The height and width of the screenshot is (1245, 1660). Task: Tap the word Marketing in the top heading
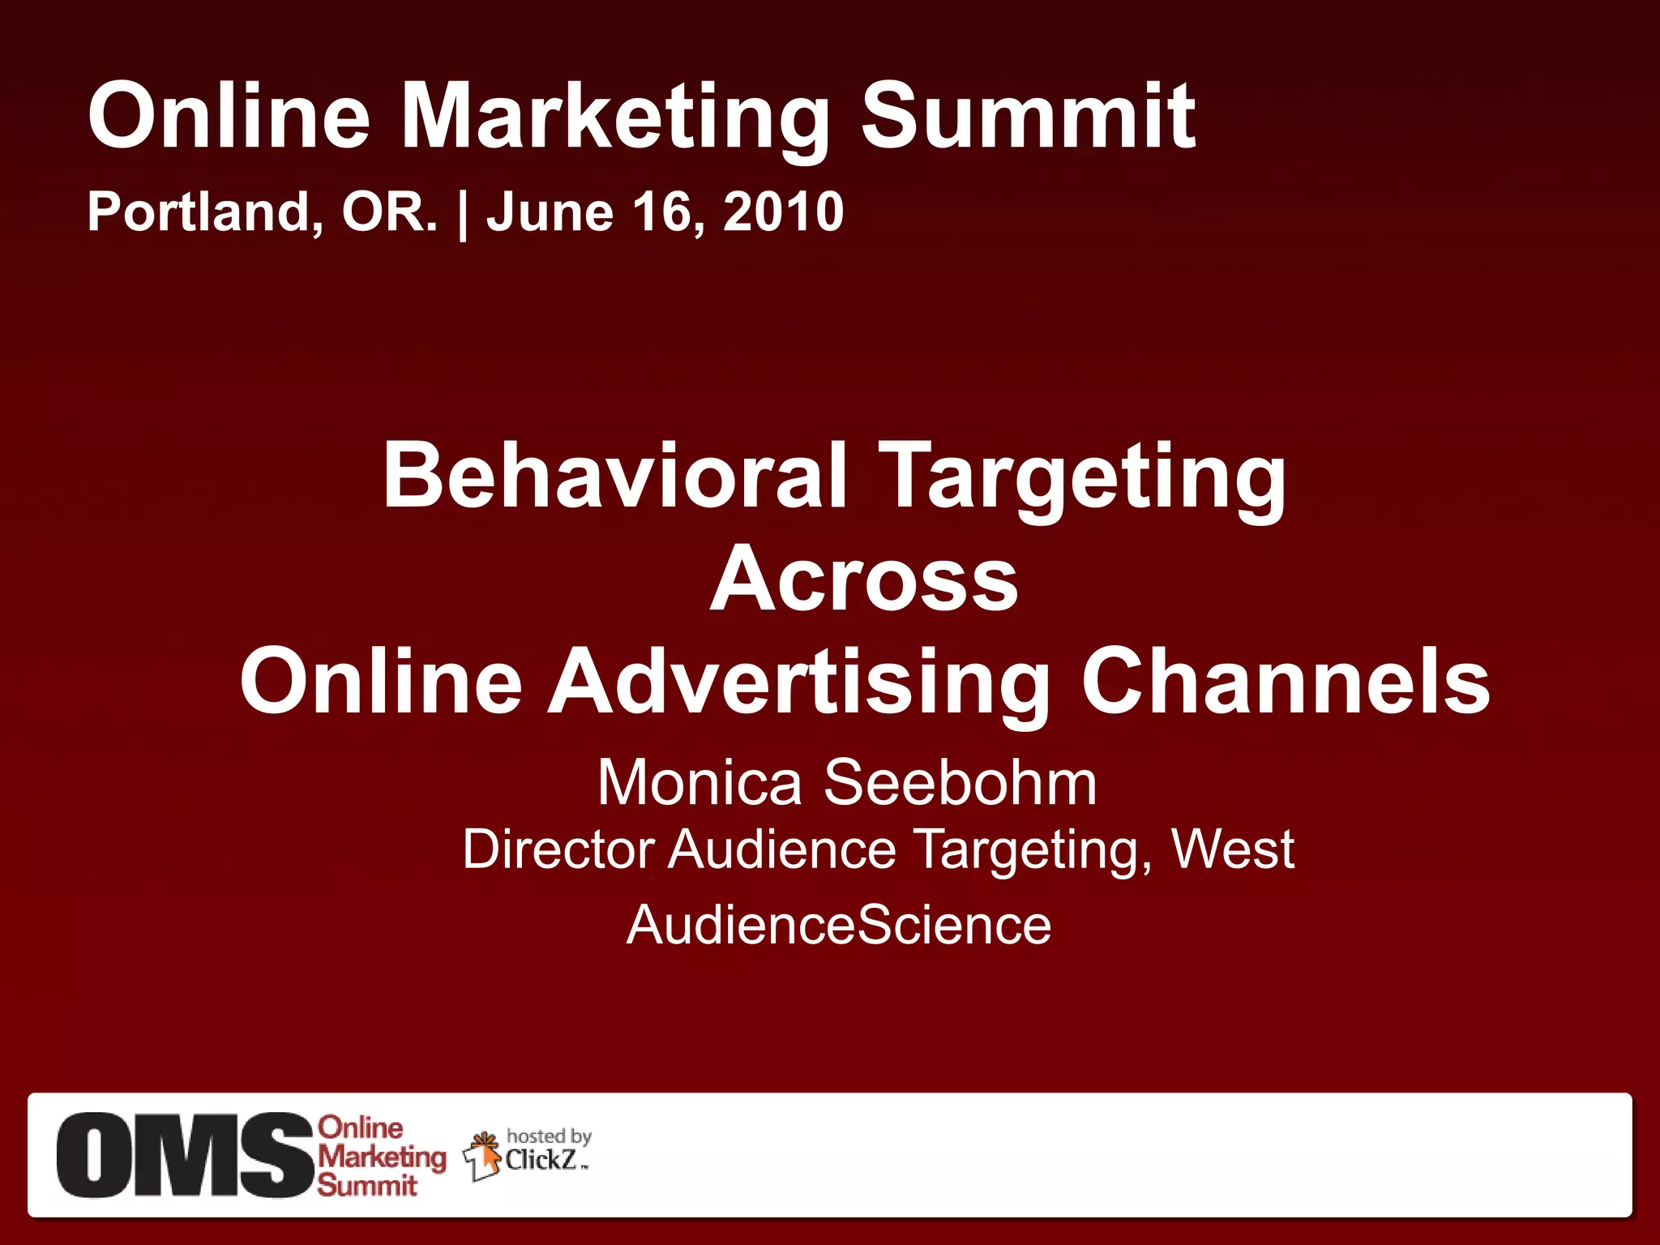(x=615, y=118)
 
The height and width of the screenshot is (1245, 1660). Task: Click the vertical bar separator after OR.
(x=463, y=213)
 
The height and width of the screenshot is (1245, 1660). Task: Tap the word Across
(x=863, y=580)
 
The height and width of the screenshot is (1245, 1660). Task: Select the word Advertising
(x=798, y=682)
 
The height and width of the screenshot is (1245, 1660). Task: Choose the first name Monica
(x=699, y=783)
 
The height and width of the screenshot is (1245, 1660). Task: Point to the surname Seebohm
(x=960, y=783)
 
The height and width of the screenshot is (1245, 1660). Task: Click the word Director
(x=558, y=849)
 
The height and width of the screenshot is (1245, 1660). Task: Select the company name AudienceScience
(x=839, y=925)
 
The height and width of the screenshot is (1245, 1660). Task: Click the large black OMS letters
(x=185, y=1154)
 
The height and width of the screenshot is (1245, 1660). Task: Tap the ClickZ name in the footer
(x=541, y=1160)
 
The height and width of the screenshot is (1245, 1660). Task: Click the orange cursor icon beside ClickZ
(x=484, y=1156)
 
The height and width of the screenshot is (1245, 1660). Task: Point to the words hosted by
(x=549, y=1136)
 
